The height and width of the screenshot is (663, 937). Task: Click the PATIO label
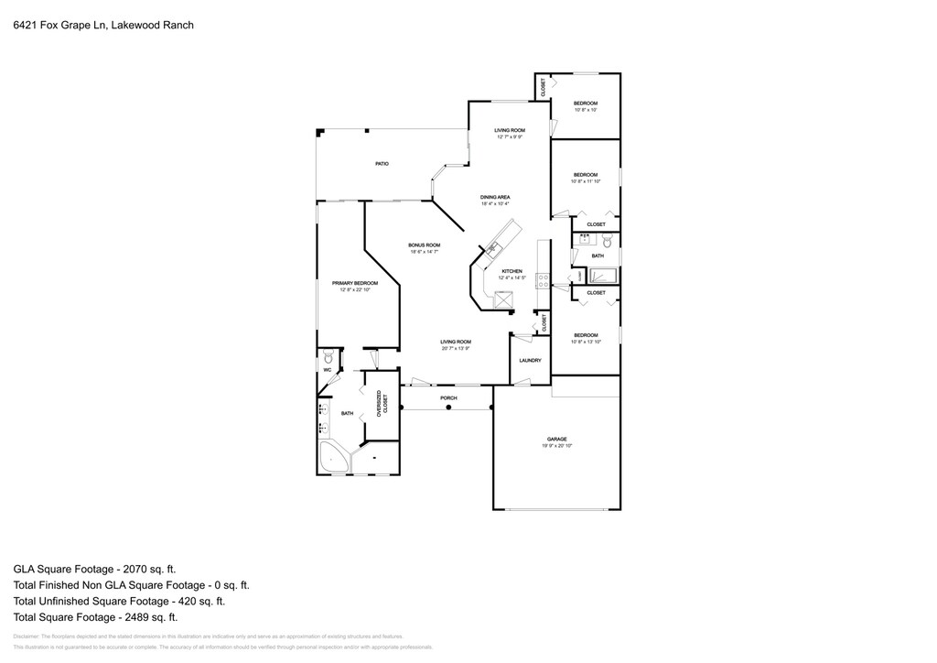pos(382,164)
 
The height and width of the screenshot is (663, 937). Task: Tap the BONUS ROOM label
pos(425,245)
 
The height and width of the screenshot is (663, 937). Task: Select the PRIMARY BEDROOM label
pos(354,283)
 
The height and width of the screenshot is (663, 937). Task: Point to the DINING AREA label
pos(495,197)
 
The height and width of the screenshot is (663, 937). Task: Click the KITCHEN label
pos(512,271)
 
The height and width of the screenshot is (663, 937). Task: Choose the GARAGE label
pos(557,440)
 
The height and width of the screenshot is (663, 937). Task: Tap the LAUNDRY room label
pos(530,361)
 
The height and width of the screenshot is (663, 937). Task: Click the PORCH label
pos(448,398)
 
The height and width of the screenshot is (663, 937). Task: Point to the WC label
pos(327,369)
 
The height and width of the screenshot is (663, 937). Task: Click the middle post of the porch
pos(448,408)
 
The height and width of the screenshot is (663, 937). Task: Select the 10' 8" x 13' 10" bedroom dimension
pos(585,342)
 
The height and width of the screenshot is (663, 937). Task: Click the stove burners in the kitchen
pos(544,281)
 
